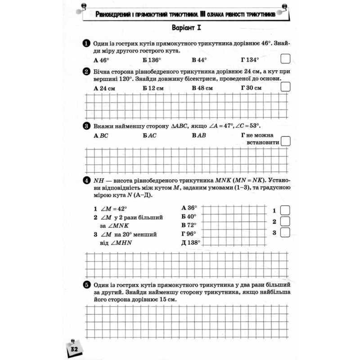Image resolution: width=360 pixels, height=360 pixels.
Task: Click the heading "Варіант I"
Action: [186, 28]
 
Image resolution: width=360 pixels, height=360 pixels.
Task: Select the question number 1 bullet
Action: [85, 43]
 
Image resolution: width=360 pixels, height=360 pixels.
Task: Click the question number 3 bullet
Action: [85, 126]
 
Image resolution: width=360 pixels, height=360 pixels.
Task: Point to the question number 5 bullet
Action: [85, 285]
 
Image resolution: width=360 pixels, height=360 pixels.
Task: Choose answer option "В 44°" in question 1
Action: [199, 60]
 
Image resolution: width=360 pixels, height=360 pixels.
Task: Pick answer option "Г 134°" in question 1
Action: [250, 60]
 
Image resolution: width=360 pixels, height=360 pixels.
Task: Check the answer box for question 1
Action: [285, 59]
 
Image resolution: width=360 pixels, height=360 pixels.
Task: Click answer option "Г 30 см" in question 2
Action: [251, 88]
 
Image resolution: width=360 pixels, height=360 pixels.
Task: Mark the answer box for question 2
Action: [285, 87]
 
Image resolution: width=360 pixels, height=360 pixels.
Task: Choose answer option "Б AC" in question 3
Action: [149, 135]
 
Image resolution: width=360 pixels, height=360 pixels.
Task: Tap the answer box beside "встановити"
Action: [285, 142]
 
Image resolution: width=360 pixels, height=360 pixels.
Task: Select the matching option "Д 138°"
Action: [190, 242]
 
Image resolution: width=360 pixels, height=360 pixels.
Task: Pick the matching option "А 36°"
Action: [189, 207]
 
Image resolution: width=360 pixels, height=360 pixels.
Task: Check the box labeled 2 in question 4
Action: [285, 221]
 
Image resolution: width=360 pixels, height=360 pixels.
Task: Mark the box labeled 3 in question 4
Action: [285, 232]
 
